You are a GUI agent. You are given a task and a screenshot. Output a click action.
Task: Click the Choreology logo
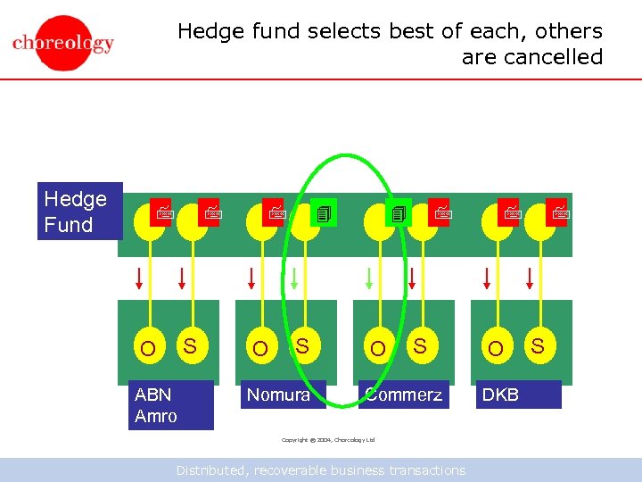63,40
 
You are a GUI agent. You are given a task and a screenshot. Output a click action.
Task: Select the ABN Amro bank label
170,405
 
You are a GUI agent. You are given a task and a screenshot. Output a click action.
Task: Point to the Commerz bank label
404,395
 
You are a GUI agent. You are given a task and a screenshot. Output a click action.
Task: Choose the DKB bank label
516,395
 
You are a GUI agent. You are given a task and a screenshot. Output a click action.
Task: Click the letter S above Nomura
302,345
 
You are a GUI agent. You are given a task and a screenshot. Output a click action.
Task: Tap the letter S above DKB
539,345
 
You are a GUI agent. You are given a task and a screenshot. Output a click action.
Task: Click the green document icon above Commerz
399,213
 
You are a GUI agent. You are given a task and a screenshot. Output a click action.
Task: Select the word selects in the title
345,31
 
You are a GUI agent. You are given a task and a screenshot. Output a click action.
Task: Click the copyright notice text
328,439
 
